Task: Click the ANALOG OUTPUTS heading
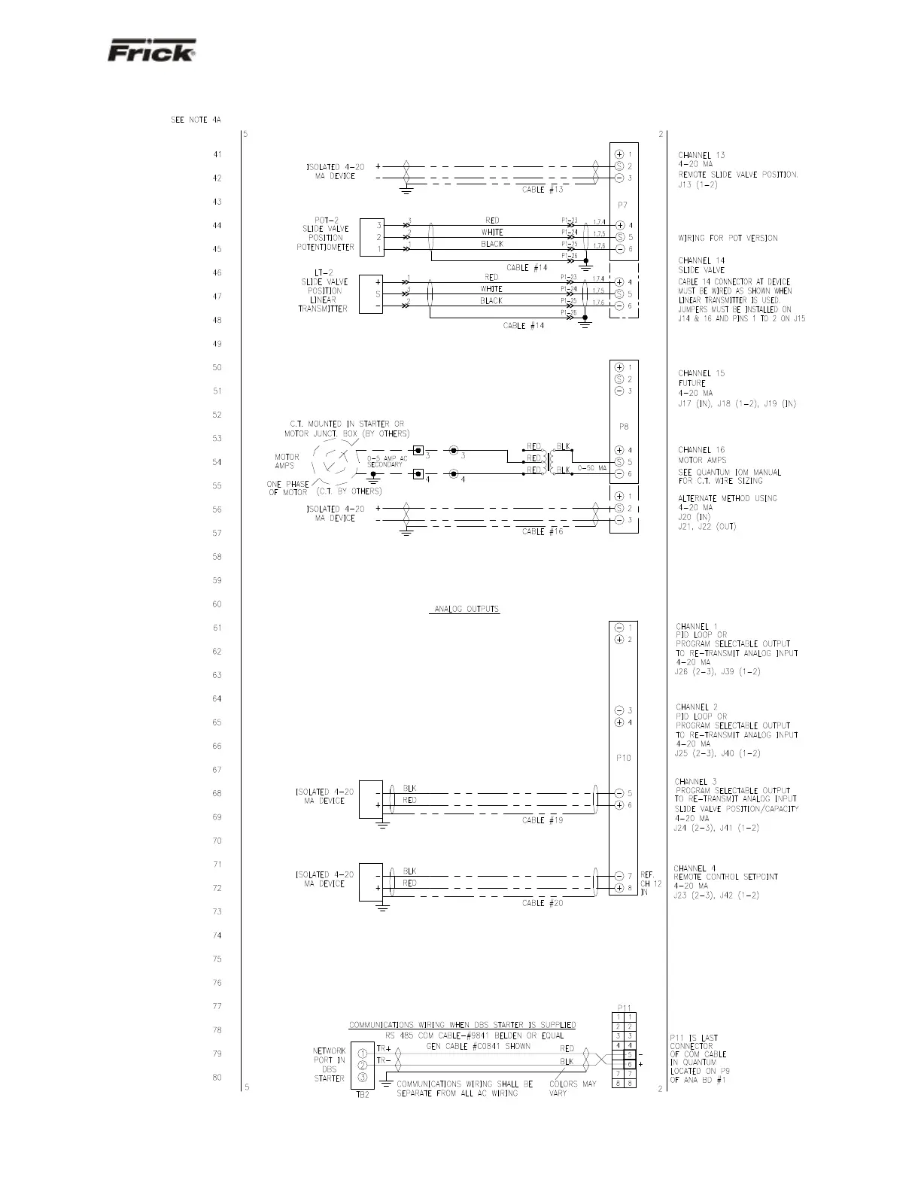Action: tap(466, 609)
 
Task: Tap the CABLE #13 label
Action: tap(543, 190)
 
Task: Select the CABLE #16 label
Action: tap(543, 531)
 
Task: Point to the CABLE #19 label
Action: tap(543, 820)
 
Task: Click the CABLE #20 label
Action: tap(543, 903)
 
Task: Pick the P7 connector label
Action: tap(623, 205)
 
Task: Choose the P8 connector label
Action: tap(623, 427)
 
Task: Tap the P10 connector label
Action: tap(623, 758)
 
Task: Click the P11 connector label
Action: tap(624, 1007)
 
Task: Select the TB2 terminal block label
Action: tap(363, 1094)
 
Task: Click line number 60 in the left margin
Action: tap(217, 604)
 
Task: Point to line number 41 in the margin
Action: tap(217, 155)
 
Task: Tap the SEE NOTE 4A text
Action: tap(196, 120)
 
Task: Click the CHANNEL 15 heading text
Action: tap(701, 373)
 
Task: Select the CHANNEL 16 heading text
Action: tap(701, 450)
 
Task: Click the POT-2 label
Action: tap(326, 220)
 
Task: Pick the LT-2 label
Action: tap(324, 272)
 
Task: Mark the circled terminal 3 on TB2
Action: tap(362, 1078)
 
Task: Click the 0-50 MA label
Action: tap(592, 468)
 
